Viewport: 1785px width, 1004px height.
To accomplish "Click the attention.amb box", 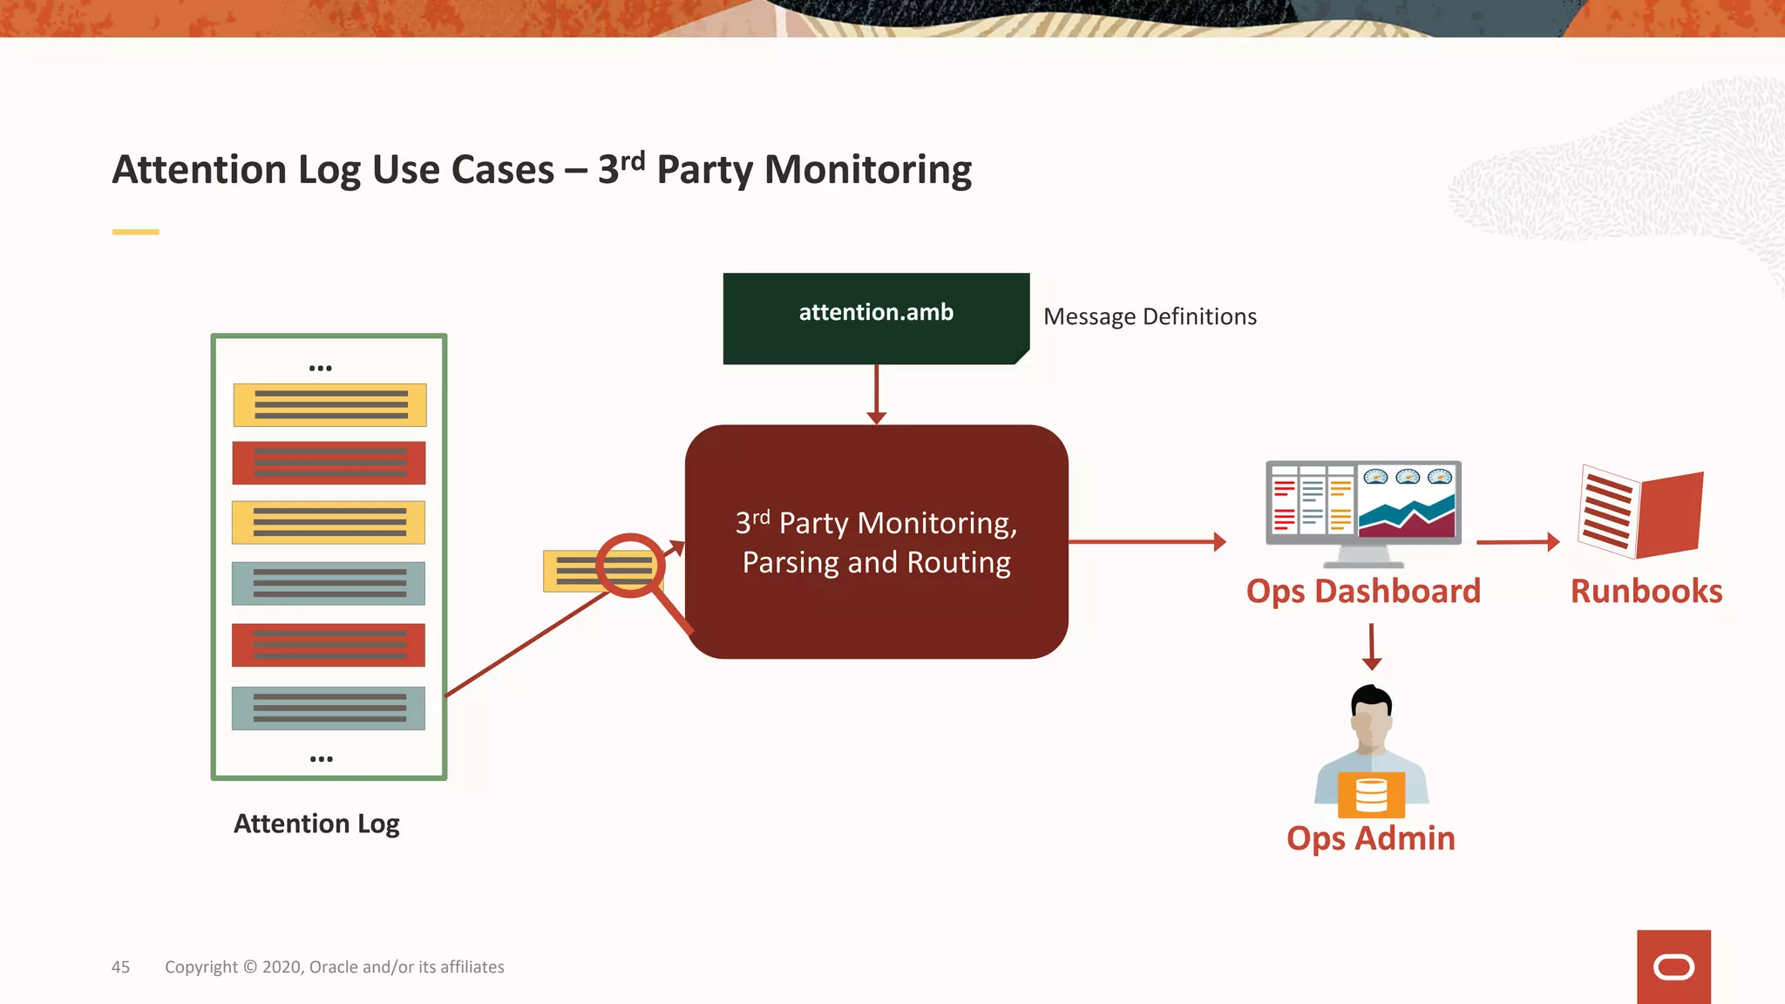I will pyautogui.click(x=876, y=318).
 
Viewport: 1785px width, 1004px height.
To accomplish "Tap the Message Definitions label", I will pyautogui.click(x=1150, y=316).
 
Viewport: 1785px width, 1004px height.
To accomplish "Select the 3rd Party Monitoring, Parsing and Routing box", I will pyautogui.click(x=876, y=541).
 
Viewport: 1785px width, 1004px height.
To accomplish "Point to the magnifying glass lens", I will pyautogui.click(x=630, y=566).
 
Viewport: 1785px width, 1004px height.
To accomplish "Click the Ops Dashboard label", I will pyautogui.click(x=1363, y=591).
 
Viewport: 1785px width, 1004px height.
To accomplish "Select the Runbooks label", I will pyautogui.click(x=1646, y=591).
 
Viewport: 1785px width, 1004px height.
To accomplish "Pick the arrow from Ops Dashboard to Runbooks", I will pyautogui.click(x=1517, y=542).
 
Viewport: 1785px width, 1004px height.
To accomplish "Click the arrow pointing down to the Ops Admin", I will pyautogui.click(x=1372, y=647).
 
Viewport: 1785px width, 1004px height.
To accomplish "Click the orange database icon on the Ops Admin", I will pyautogui.click(x=1371, y=794).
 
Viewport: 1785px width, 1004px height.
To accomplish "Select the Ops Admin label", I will pyautogui.click(x=1370, y=838).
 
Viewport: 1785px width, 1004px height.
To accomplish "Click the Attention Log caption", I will pyautogui.click(x=316, y=824).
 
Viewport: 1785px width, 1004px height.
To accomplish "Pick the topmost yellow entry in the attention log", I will pyautogui.click(x=329, y=405).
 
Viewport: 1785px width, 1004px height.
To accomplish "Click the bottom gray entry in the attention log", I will pyautogui.click(x=329, y=708).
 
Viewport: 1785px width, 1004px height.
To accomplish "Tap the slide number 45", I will pyautogui.click(x=120, y=967).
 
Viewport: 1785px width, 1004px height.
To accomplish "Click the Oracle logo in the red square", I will pyautogui.click(x=1673, y=967).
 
